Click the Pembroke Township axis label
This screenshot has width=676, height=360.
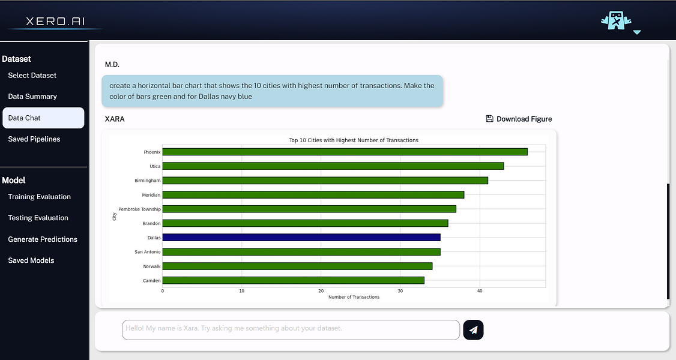point(139,209)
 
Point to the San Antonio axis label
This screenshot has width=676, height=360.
point(147,252)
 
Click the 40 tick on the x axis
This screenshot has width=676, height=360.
point(479,291)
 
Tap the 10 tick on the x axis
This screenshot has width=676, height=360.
point(241,291)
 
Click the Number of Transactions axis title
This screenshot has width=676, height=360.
point(354,297)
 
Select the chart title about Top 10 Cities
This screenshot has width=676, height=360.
point(354,140)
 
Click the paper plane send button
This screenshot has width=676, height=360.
point(473,329)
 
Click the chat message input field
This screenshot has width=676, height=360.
point(291,329)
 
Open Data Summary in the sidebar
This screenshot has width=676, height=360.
point(32,97)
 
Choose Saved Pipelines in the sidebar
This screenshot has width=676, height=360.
point(34,139)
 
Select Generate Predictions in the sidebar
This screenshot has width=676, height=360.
point(43,239)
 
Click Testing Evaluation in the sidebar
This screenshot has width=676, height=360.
point(38,218)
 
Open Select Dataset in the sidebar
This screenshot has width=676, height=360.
point(32,76)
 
